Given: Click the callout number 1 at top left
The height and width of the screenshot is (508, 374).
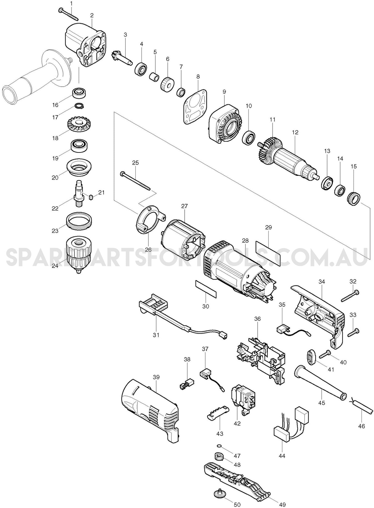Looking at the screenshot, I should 72,4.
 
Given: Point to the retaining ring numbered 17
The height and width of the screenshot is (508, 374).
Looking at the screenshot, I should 79,106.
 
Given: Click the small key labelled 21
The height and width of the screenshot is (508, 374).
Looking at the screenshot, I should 90,197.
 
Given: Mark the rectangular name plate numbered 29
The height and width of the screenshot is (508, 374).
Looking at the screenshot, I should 268,253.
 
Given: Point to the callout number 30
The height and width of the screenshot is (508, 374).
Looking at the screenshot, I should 206,306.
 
